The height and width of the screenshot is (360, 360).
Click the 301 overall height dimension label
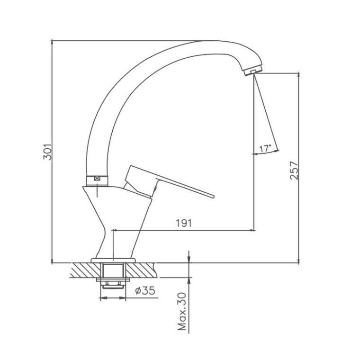[x=48, y=152]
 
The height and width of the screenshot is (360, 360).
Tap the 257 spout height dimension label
[x=294, y=171]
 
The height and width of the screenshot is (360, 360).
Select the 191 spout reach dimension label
[x=183, y=223]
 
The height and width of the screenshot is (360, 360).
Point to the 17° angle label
[x=265, y=149]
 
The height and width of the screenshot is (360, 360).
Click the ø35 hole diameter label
[x=145, y=291]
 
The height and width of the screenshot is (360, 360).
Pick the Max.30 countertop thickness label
[x=182, y=312]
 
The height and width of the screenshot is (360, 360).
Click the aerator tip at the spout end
[x=253, y=70]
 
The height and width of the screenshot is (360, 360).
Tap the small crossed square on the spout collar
[x=98, y=178]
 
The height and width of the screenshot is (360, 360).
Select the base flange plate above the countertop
[x=113, y=261]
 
